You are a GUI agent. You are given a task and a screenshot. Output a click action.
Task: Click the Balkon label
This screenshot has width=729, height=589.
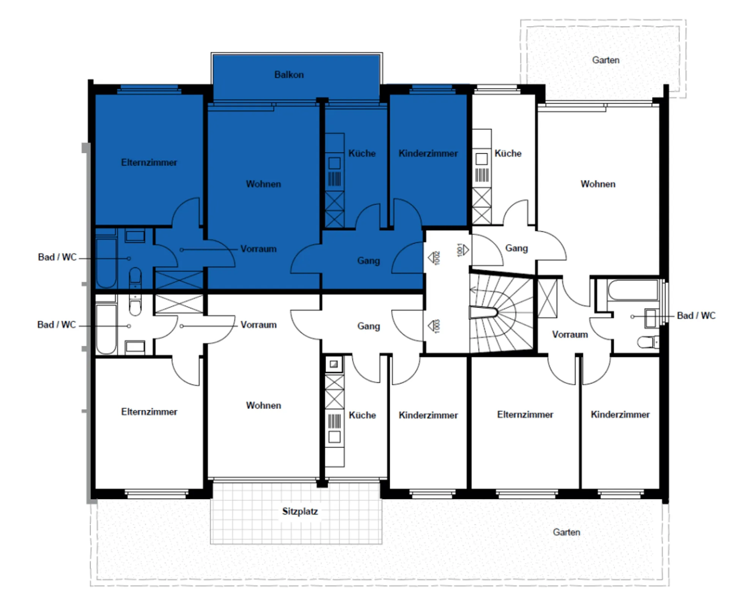coord(289,75)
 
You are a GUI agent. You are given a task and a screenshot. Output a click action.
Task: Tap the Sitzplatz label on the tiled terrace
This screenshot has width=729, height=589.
coord(300,511)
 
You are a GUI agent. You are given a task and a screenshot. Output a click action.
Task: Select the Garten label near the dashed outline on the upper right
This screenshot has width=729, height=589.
coord(606,60)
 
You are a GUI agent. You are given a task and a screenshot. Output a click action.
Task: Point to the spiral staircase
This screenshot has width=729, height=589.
coord(502,313)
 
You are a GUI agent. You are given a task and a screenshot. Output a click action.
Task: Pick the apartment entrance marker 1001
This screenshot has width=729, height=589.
coord(463,250)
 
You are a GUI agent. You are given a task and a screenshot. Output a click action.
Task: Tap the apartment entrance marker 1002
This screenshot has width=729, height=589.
coord(434,258)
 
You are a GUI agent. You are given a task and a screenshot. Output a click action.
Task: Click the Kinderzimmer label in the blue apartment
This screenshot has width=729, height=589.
coord(428,153)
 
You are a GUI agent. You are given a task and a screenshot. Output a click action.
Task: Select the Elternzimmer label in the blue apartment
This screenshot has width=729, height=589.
coord(149,162)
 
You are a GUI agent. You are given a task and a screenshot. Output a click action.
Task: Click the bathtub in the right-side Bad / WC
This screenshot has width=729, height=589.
coord(633,291)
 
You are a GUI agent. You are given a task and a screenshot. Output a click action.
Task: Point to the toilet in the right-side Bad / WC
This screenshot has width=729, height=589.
coord(648,342)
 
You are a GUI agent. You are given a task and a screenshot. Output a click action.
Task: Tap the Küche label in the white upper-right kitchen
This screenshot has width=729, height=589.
coord(508,153)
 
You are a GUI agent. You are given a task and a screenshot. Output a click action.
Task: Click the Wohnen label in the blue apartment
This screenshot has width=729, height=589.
coord(264,184)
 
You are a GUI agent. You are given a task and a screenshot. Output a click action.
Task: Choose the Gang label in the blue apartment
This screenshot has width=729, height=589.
coord(368,261)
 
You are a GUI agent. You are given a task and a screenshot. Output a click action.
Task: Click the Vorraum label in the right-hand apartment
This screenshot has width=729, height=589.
coord(570,334)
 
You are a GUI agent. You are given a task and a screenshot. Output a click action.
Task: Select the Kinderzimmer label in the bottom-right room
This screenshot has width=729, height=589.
coord(620,414)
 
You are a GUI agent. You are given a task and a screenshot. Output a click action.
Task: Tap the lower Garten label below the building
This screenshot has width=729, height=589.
coord(566,532)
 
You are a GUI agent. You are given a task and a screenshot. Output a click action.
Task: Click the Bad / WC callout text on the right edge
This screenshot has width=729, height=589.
coord(696,315)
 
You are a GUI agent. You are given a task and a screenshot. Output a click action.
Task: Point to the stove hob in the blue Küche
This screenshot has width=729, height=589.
coord(335,163)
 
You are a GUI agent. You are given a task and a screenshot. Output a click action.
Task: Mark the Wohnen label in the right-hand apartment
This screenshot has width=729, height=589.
coord(598,184)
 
